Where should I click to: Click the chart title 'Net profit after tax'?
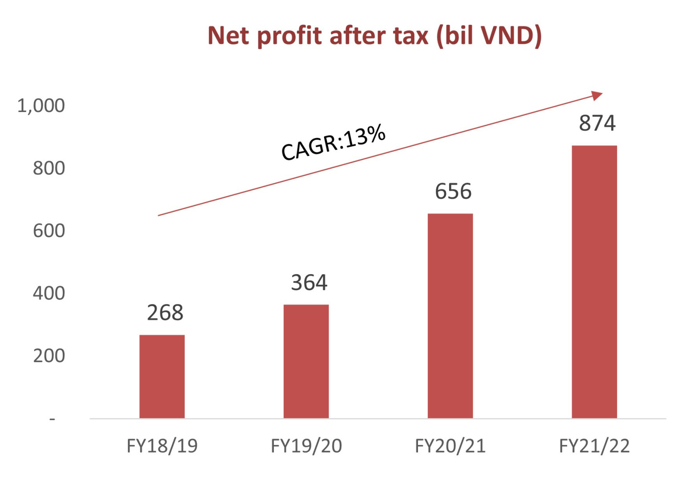pos(374,36)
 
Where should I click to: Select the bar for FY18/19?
pos(162,376)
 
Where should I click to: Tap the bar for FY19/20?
pos(306,361)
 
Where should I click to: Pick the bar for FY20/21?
pos(450,316)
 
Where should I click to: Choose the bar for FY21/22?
pos(594,282)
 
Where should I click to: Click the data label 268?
pos(165,313)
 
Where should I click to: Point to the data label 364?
pos(309,283)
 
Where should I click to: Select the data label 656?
pos(453,192)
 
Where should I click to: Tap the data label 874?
pos(597,123)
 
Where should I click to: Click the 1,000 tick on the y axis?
pos(41,106)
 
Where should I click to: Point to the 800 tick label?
pos(49,168)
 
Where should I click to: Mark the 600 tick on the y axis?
pos(49,231)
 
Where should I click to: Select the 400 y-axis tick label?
pos(49,293)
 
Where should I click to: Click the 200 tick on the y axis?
pos(49,356)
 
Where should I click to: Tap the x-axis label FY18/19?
pos(162,446)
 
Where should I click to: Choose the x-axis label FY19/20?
pos(306,446)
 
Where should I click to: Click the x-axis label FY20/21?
pos(450,446)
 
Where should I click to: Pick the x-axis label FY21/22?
pos(594,446)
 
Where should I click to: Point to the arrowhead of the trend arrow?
pos(597,95)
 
